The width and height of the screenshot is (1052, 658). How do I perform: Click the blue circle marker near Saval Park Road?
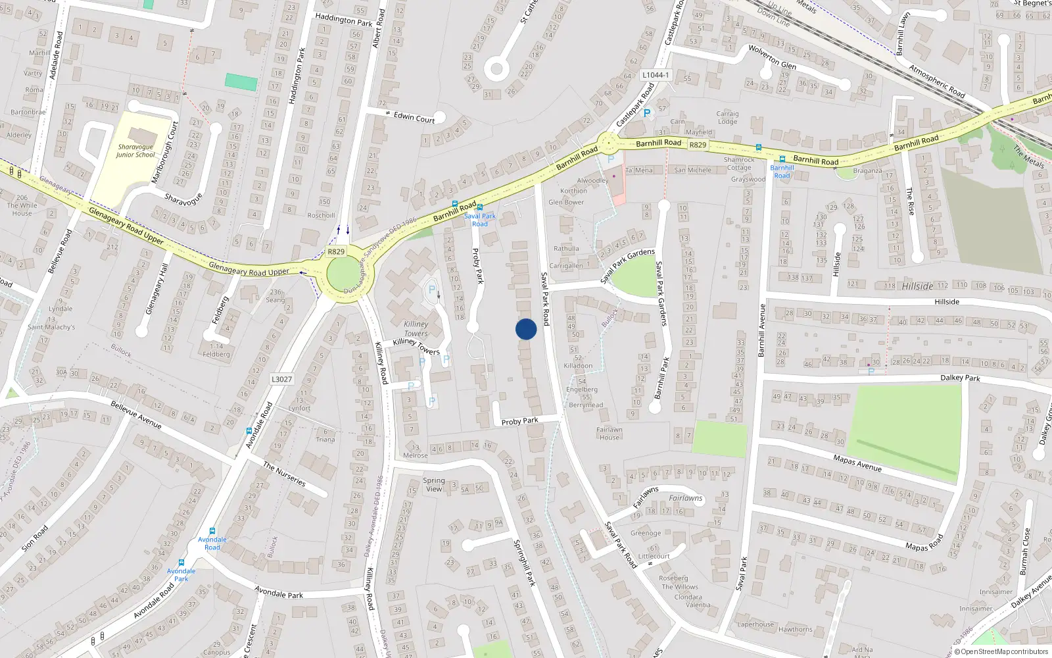point(526,329)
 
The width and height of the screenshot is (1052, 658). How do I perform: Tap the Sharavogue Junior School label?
point(135,151)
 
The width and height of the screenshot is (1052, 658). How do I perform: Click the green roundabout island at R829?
point(343,274)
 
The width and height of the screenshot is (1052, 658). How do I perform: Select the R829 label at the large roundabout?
point(336,251)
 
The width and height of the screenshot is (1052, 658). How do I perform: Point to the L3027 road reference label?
point(281,379)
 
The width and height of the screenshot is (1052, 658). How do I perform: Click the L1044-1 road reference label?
point(656,75)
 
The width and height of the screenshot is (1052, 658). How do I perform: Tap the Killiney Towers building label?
point(416,328)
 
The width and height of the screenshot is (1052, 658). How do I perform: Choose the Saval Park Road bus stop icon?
point(479,207)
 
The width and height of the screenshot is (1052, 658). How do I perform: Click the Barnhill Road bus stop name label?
point(782,172)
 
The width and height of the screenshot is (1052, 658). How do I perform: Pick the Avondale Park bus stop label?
point(181,574)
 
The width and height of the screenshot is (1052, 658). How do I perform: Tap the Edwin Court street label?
point(414,118)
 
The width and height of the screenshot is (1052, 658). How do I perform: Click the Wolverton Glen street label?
point(772,57)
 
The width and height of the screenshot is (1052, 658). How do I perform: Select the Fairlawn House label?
point(609,433)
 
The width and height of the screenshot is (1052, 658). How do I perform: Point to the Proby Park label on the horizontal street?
point(519,421)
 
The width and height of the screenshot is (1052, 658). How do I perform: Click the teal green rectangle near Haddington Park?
point(241,82)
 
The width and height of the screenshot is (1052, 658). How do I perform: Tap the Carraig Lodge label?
point(727,117)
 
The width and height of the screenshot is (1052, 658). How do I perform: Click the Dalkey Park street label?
point(960,378)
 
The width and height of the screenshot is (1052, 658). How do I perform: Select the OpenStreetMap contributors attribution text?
point(1004,652)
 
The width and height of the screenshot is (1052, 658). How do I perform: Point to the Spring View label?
point(434,484)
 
